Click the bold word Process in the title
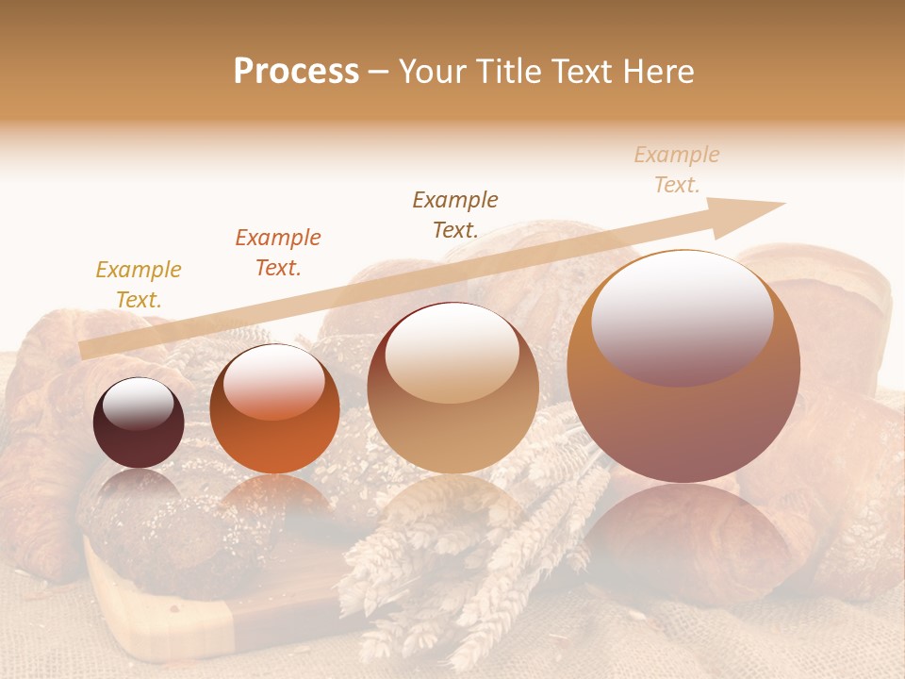(296, 72)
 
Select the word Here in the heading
(660, 72)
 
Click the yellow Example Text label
(139, 285)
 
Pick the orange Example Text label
(278, 253)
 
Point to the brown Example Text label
(455, 214)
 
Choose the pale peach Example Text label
(677, 170)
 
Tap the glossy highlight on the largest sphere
(682, 316)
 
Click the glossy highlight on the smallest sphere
(138, 404)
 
